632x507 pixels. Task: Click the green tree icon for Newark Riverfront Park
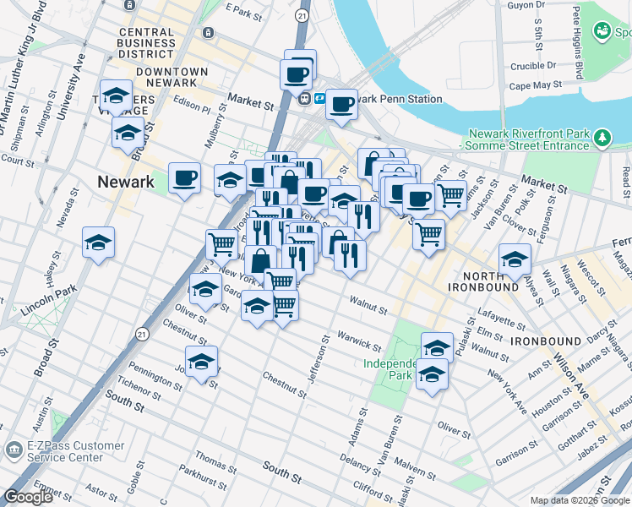pyautogui.click(x=602, y=136)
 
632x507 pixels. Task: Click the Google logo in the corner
pyautogui.click(x=27, y=497)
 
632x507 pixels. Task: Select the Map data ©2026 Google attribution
pyautogui.click(x=580, y=500)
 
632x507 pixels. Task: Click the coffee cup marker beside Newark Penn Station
pyautogui.click(x=341, y=105)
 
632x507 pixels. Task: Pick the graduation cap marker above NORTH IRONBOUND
pyautogui.click(x=515, y=260)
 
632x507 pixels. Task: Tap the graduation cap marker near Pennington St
pyautogui.click(x=201, y=362)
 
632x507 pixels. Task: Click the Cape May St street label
pyautogui.click(x=535, y=85)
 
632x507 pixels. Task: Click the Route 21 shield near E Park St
pyautogui.click(x=302, y=15)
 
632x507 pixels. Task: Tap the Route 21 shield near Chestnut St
pyautogui.click(x=145, y=324)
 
